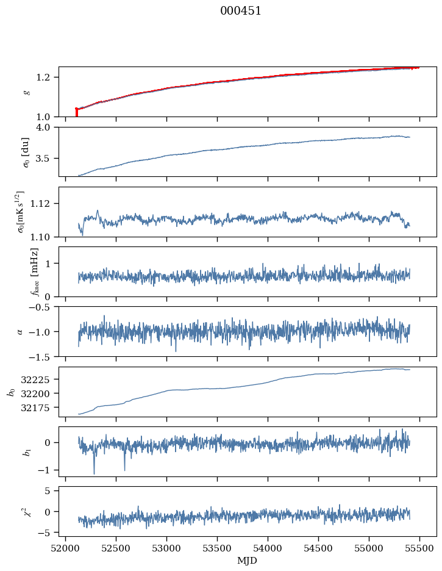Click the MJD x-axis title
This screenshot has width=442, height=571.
[x=247, y=561]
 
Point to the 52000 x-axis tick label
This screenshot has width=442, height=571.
[x=66, y=547]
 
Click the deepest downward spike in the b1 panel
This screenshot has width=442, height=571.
[x=94, y=473]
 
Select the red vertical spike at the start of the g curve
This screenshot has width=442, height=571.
[x=76, y=113]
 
